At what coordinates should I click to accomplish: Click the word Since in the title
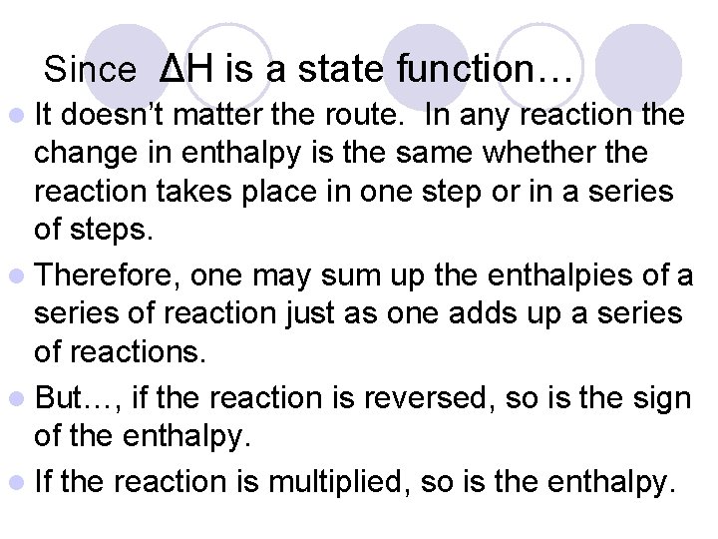pyautogui.click(x=90, y=70)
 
